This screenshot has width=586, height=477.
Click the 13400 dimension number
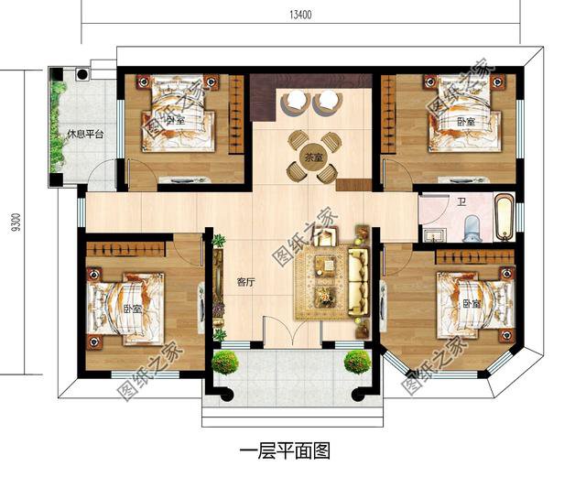tap(301, 15)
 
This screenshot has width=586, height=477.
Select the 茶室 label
tap(314, 157)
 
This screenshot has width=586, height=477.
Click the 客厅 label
tap(245, 282)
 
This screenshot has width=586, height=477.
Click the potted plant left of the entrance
tap(224, 363)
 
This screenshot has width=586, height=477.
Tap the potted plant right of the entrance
tap(357, 362)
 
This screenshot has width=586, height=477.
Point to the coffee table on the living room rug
tap(326, 268)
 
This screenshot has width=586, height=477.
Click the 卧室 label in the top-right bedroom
tap(465, 122)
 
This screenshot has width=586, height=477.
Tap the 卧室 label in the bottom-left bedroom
tap(132, 309)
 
